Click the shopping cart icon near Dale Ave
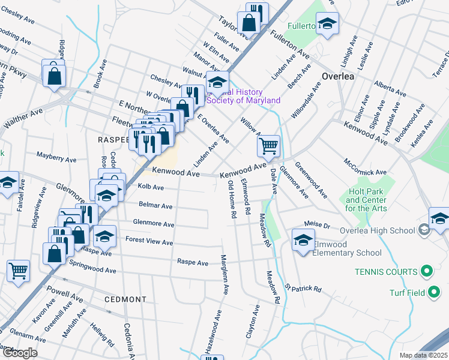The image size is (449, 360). point(268,145)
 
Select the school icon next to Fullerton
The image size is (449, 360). point(327,24)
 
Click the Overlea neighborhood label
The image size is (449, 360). point(338,77)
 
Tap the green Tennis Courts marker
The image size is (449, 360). point(427,272)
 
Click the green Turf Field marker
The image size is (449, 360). point(435,293)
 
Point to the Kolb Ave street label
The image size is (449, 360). point(151,187)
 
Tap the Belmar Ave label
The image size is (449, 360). point(155,205)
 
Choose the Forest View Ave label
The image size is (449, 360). point(149,241)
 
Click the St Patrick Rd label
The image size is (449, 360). point(303,288)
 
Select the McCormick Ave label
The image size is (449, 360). point(365,167)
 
